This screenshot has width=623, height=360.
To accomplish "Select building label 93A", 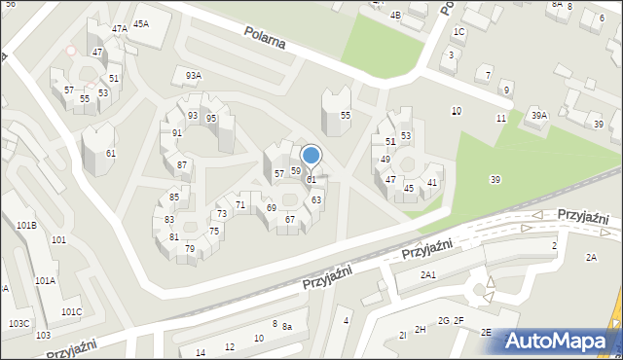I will click(194, 75).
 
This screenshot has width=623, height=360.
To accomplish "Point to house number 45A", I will click(141, 23).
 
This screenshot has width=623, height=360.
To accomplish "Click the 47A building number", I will click(119, 29).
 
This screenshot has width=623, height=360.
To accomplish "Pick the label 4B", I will click(395, 16).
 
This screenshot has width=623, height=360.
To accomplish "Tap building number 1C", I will click(459, 32).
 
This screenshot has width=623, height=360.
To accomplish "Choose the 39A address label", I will click(538, 116).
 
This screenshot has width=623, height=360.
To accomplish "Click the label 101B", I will click(26, 225).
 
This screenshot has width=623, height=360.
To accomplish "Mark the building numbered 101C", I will click(71, 311).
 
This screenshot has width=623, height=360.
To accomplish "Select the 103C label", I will click(19, 323).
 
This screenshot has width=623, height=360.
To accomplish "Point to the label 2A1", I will click(427, 275).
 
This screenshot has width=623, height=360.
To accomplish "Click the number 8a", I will click(287, 327).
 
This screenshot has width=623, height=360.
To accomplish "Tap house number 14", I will click(201, 352).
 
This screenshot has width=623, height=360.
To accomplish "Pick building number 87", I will click(182, 165).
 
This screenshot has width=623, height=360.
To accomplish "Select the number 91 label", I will click(177, 133).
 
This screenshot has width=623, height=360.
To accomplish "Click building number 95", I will click(211, 119).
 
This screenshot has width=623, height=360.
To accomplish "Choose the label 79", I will click(190, 249).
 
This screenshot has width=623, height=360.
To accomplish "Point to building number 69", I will click(272, 208).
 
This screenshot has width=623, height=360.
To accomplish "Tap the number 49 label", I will click(385, 159).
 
